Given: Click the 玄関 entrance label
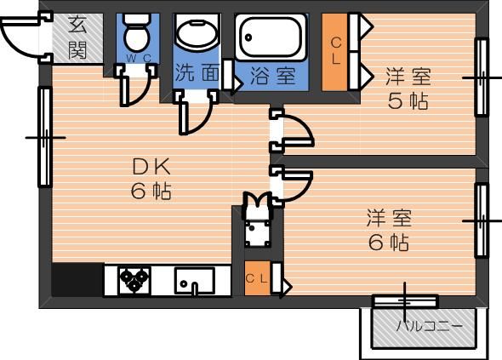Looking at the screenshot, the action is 77,37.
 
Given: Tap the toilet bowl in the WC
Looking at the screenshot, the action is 138,33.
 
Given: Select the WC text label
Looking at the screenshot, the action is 138,58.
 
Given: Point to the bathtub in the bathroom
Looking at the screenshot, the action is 271,37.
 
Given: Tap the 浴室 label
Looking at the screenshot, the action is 272,76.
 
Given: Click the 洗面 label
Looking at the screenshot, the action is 197,72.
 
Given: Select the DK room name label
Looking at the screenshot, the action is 151,167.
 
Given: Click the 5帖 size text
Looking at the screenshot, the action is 408,101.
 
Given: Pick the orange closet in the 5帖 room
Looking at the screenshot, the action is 335,52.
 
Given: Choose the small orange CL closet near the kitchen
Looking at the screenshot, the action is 258,278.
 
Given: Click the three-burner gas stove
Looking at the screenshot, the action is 134,280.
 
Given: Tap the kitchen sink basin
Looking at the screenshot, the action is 194,281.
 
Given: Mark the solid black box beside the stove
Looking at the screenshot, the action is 77,280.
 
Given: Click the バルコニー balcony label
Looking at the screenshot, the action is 430,326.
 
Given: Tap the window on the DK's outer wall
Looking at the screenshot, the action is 45,137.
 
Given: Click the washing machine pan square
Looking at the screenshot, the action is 258,233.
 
